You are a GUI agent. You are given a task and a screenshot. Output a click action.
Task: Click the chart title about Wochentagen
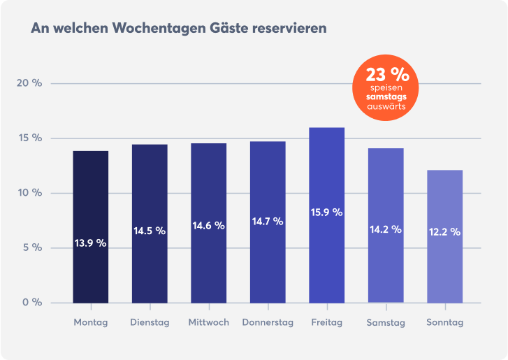(x=178, y=29)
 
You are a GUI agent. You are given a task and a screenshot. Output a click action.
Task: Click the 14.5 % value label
(x=150, y=231)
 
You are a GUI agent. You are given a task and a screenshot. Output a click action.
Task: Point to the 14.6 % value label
(x=208, y=226)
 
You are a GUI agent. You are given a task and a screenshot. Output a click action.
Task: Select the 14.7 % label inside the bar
(x=268, y=222)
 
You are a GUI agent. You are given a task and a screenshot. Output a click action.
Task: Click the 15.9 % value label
(x=326, y=213)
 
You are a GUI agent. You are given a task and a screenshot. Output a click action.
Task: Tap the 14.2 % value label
(x=386, y=229)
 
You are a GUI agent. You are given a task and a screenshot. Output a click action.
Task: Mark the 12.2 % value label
(x=444, y=232)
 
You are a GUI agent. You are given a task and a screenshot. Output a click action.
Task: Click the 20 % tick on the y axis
(x=29, y=83)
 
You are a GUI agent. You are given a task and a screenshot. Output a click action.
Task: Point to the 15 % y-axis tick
(x=29, y=138)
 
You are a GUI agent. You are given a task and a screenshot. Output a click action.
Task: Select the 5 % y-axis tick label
(x=31, y=247)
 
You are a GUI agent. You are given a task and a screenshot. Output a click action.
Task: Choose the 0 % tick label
(x=31, y=302)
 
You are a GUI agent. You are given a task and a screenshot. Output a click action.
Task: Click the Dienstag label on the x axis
(x=150, y=323)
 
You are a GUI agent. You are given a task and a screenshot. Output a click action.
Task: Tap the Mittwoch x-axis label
(x=208, y=323)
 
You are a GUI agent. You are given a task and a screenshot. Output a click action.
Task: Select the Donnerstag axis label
(x=268, y=323)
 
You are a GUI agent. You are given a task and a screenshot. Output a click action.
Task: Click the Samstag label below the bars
(x=386, y=323)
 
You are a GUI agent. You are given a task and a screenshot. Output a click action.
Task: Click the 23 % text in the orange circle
(x=386, y=74)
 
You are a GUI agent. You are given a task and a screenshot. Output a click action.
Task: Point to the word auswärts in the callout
(x=386, y=107)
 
